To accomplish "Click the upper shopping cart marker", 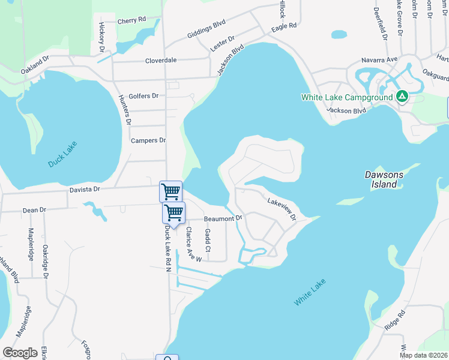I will coord(170,192).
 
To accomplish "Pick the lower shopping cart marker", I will coord(173,213).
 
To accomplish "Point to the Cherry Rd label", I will coord(132,20).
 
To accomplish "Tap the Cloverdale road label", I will coord(161,61).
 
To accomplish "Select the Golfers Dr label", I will coord(144,95).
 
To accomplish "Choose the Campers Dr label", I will coord(148,140).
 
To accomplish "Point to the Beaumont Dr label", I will coord(223,218).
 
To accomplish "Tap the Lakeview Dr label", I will coord(282,209).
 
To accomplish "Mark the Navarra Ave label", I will coord(379,60).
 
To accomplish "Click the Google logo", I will coord(20,352).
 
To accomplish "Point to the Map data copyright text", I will coord(423,355).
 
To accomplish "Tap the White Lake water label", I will coord(310,292).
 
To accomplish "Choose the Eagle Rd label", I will coord(284,27).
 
